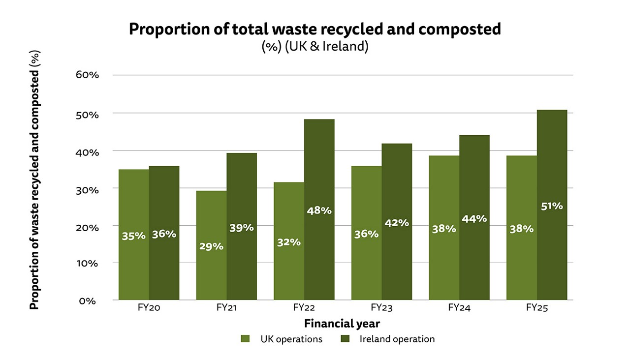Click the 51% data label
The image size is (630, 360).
(552, 206)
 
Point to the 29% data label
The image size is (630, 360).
(211, 246)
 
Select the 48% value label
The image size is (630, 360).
(319, 210)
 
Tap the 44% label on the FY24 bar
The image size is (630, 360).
(474, 219)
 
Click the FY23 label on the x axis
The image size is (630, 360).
(381, 308)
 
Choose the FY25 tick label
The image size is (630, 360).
(536, 308)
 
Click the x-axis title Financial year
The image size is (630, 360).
(342, 324)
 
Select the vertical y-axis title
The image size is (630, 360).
(34, 180)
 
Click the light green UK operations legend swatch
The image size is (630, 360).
(245, 339)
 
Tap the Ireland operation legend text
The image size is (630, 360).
(397, 339)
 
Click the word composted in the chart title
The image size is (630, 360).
(459, 30)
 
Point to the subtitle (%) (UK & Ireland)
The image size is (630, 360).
(315, 47)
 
